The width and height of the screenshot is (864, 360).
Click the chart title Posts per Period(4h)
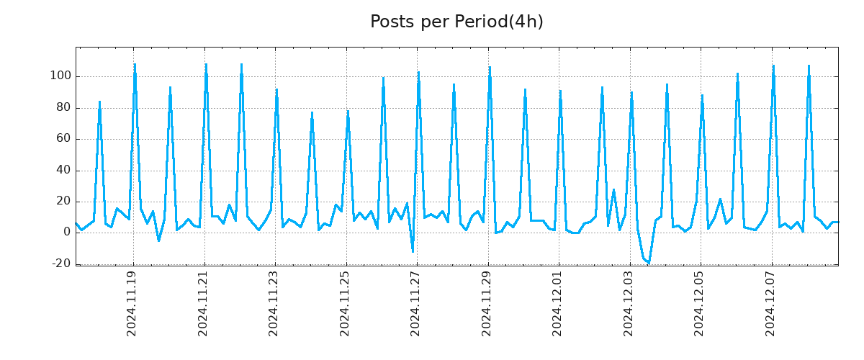pos(456,22)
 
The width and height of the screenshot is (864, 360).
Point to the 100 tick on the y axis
pos(60,76)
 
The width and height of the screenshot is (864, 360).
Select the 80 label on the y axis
pos(63,108)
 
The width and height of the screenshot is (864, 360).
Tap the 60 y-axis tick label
pos(63,139)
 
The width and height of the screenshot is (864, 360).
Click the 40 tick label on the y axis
pos(63,171)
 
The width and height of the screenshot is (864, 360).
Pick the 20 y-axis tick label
pos(63,202)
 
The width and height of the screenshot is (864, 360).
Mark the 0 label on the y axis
pos(66,233)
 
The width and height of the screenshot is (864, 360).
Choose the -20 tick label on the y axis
pos(61,264)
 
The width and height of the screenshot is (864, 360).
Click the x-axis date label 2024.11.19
pos(132,303)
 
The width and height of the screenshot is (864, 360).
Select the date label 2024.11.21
pos(203,303)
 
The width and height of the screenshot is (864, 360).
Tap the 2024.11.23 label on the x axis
pos(274,303)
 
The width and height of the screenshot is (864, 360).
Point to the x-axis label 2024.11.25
pos(345,303)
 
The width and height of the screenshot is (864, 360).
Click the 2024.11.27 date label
pos(416,303)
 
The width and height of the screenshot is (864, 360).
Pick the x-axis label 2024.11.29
pos(487,303)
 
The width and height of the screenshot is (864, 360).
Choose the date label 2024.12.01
pos(558,303)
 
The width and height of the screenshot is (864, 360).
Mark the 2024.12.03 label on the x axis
pos(629,303)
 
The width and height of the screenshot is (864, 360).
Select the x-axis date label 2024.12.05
pos(700,303)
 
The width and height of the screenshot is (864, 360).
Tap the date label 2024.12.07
pos(771,303)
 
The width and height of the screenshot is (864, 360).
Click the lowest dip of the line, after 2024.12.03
pos(649,263)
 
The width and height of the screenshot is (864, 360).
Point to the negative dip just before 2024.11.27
pos(413,251)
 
